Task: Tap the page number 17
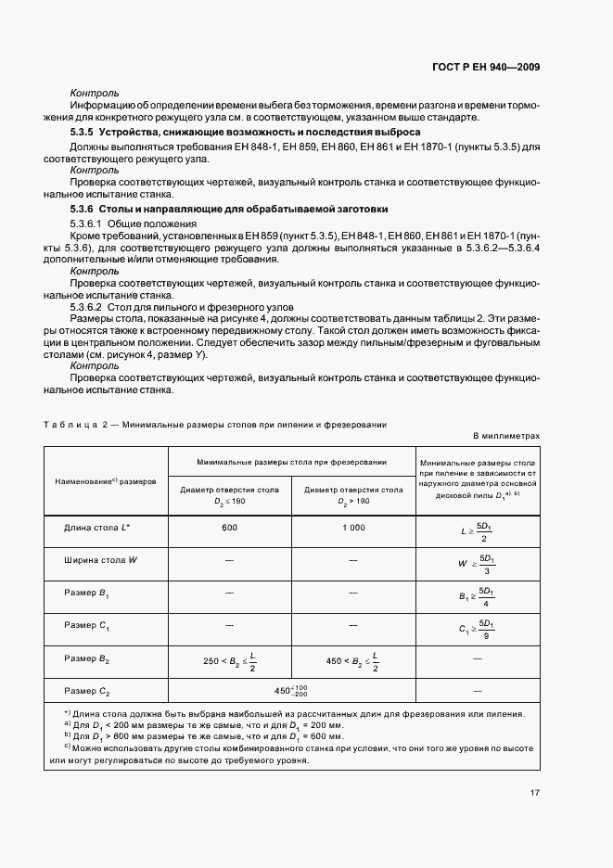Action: [x=535, y=792]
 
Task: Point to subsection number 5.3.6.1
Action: [x=88, y=224]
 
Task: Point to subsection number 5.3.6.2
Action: [x=88, y=306]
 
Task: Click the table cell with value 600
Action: [x=229, y=527]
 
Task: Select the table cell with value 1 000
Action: [x=353, y=527]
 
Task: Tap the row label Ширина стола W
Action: [x=101, y=560]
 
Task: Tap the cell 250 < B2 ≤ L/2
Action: [x=229, y=661]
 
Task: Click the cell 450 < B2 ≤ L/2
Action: [x=353, y=661]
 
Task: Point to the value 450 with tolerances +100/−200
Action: [x=291, y=691]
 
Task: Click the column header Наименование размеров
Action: [x=105, y=482]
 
